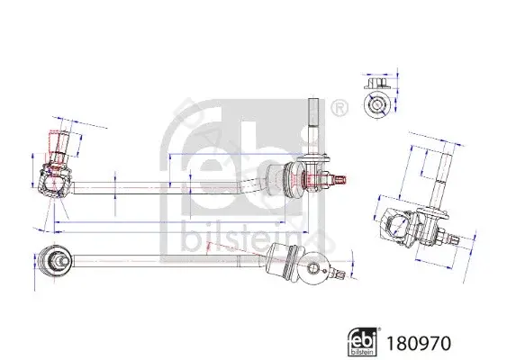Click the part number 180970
pyautogui.click(x=419, y=343)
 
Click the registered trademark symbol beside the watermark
pyautogui.click(x=339, y=108)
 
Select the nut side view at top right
pyautogui.click(x=376, y=83)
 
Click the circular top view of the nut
pyautogui.click(x=376, y=104)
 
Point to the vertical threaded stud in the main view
pyautogui.click(x=313, y=127)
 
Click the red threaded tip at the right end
pyautogui.click(x=340, y=179)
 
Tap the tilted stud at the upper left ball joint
pyautogui.click(x=59, y=147)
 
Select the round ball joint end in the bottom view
pyautogui.click(x=54, y=261)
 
